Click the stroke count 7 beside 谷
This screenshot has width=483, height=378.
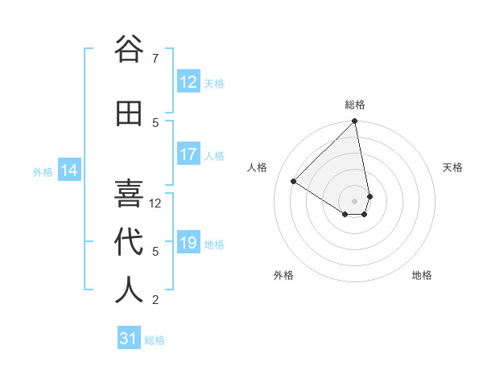coord(155,59)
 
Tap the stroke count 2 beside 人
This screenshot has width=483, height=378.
coord(155,300)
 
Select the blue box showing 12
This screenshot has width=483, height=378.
coord(188,82)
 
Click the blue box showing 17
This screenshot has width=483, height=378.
coord(188,154)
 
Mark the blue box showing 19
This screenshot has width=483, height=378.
coord(188,243)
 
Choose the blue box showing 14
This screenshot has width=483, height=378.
coord(69,171)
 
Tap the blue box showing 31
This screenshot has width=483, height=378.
coord(129,339)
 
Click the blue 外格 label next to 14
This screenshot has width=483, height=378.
coord(42,171)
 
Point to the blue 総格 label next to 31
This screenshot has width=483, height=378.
coord(155,340)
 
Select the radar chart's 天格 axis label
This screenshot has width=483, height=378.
coord(452,167)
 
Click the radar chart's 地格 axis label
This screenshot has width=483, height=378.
coord(422,275)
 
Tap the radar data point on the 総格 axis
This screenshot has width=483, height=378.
coord(355,121)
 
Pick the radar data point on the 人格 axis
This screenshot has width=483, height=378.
coord(294,182)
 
